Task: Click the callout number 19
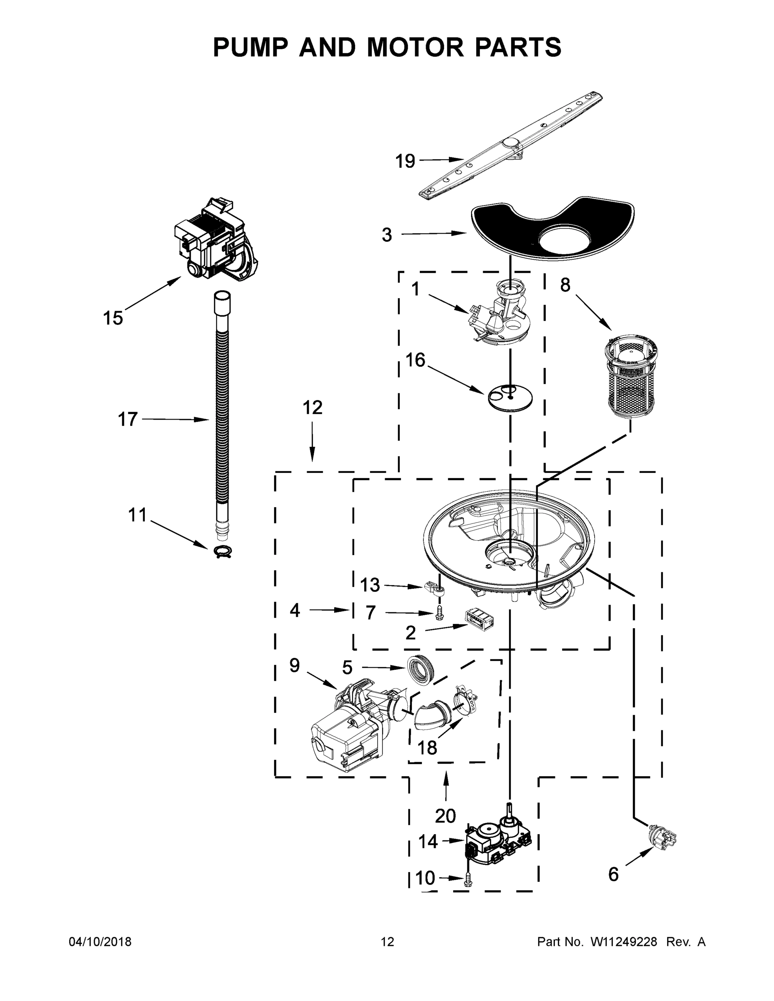point(405,161)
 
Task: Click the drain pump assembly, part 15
point(215,241)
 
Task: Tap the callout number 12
point(312,407)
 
